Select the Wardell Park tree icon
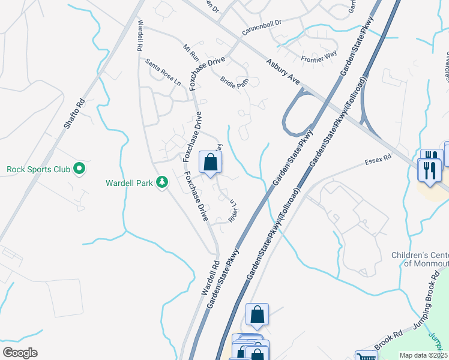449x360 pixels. click(161, 182)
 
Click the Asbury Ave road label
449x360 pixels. click(283, 71)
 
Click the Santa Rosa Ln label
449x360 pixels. click(163, 72)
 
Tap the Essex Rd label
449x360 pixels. click(378, 160)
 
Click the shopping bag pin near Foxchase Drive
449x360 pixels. click(210, 162)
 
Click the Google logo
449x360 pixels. click(20, 353)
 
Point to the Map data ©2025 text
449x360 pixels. click(423, 355)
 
